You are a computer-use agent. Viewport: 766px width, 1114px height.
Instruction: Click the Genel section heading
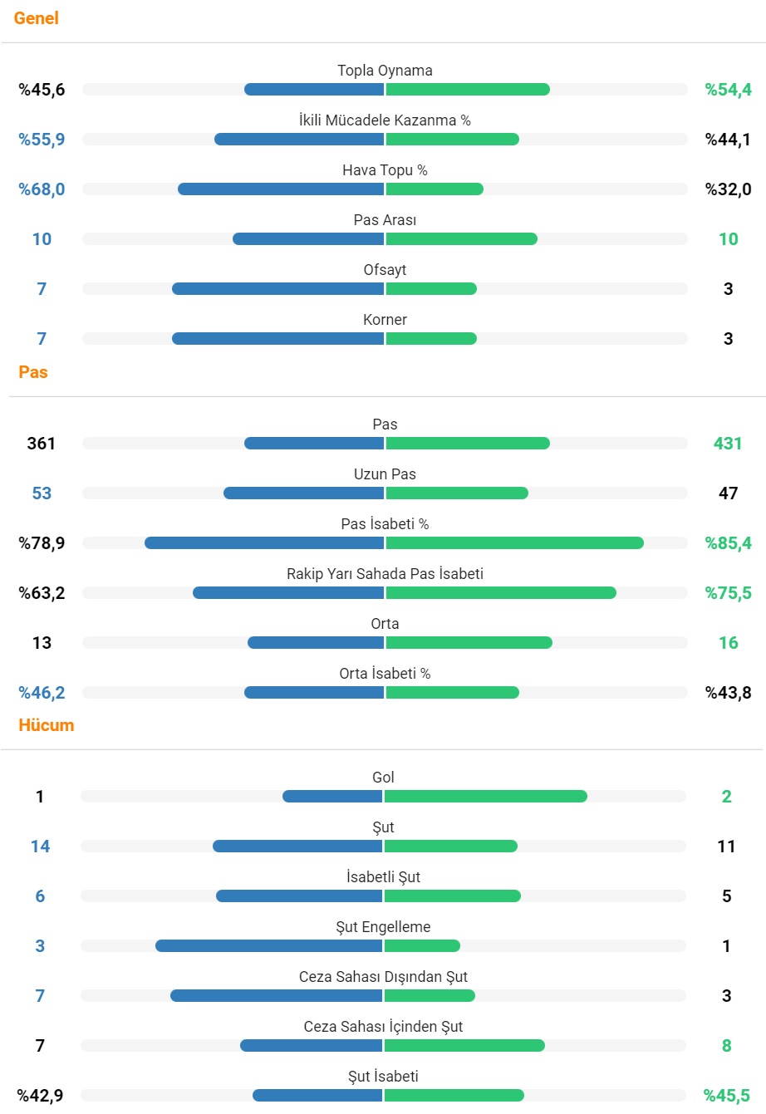click(36, 18)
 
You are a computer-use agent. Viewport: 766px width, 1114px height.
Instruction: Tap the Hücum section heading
click(47, 725)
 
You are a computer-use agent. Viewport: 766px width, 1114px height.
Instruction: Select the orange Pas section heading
click(33, 372)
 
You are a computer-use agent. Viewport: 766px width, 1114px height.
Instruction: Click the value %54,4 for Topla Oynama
click(728, 90)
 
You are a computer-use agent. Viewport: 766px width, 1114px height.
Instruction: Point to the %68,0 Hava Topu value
click(42, 189)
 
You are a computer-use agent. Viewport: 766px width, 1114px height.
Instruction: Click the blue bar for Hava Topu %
click(281, 189)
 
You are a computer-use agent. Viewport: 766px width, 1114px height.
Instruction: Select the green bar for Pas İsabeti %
click(514, 543)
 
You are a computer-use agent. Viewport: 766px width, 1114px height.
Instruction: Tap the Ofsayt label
click(385, 270)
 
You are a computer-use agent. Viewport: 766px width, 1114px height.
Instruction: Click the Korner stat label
click(385, 320)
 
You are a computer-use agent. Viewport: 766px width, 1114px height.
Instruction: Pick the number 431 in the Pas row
click(727, 444)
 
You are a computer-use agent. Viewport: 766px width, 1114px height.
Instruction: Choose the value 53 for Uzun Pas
click(42, 493)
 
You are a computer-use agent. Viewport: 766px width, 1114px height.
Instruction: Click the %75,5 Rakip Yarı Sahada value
click(728, 593)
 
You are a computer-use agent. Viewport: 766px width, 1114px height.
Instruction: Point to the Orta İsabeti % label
click(385, 674)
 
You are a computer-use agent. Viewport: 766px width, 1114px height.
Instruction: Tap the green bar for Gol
click(485, 797)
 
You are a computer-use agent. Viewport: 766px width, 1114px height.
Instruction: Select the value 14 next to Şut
click(40, 847)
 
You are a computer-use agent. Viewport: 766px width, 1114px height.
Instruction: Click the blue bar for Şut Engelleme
click(268, 946)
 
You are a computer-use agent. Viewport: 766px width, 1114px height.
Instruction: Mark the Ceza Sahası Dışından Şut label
click(383, 977)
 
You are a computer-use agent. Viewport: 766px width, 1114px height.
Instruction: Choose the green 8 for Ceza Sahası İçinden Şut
click(726, 1046)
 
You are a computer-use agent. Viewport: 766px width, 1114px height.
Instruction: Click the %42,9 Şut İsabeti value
click(41, 1096)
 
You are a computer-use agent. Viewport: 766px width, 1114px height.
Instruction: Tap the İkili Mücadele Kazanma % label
click(385, 120)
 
